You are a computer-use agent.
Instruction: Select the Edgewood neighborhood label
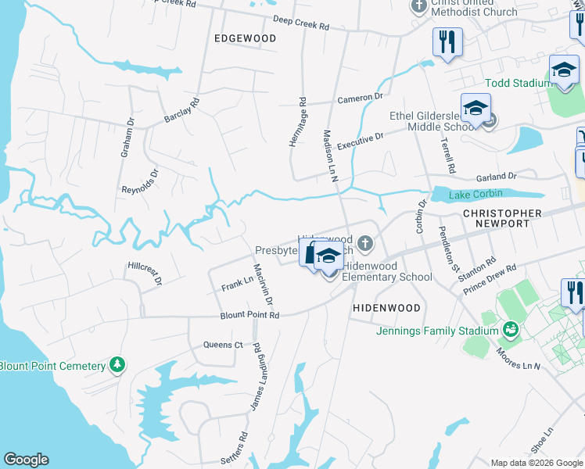tap(245, 38)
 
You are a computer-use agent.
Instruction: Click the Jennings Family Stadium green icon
tap(511, 331)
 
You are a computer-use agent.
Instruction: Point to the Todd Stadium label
tap(517, 83)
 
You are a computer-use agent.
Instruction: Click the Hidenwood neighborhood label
tap(386, 308)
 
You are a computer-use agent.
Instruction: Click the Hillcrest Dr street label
tap(145, 272)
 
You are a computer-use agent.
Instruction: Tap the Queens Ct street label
tap(223, 345)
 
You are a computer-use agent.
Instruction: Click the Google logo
tap(26, 460)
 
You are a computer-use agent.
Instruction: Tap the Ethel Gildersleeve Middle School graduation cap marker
tap(475, 109)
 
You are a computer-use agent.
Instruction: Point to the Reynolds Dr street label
tap(140, 181)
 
